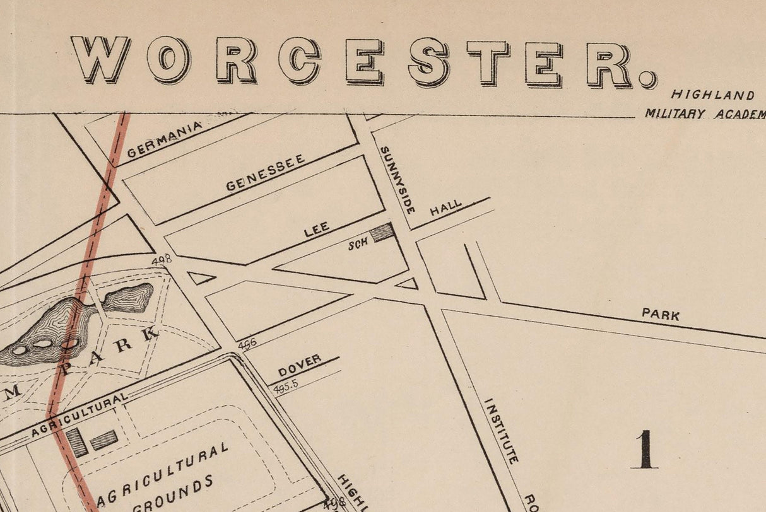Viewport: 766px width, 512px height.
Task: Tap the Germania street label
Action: pyautogui.click(x=165, y=139)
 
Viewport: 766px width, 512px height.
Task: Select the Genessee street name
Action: pyautogui.click(x=265, y=172)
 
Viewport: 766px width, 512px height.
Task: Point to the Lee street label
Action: pyautogui.click(x=317, y=230)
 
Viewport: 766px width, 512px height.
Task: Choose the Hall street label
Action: pyautogui.click(x=445, y=208)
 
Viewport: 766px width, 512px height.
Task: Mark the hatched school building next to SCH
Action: pyautogui.click(x=382, y=233)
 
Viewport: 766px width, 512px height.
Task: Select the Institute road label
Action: pyautogui.click(x=501, y=431)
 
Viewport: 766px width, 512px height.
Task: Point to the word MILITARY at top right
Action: pyautogui.click(x=675, y=114)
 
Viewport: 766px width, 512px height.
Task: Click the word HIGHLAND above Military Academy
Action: pyautogui.click(x=712, y=95)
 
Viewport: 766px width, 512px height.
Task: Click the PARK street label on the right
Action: pyautogui.click(x=661, y=313)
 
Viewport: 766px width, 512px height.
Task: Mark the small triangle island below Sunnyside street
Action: pyautogui.click(x=408, y=284)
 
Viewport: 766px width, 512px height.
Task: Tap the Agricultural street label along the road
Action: pyautogui.click(x=79, y=415)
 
